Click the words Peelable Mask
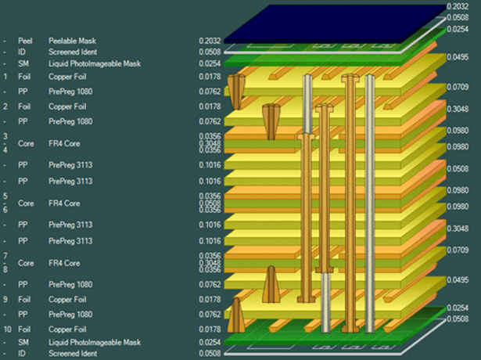click(72, 41)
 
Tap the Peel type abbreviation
click(25, 41)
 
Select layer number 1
click(5, 77)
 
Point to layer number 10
click(7, 329)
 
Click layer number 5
click(5, 196)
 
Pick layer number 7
click(5, 256)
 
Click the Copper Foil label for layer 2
click(67, 106)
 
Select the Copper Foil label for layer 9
click(67, 300)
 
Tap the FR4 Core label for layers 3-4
click(64, 144)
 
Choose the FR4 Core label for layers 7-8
click(64, 263)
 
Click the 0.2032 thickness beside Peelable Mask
click(210, 41)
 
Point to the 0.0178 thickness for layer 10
click(210, 329)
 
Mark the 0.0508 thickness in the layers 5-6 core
click(210, 203)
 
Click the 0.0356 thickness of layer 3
click(210, 136)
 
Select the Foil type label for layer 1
click(24, 77)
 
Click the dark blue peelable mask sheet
click(335, 24)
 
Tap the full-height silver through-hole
click(370, 203)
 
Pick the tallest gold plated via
click(350, 203)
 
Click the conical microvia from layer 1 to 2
click(236, 92)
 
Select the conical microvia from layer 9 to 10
click(236, 315)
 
